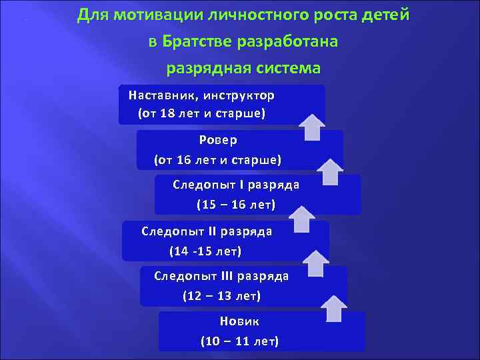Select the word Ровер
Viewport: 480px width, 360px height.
point(218,140)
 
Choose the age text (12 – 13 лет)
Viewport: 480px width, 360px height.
point(221,295)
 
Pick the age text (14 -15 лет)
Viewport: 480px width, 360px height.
point(205,251)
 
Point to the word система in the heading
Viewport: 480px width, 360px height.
point(290,68)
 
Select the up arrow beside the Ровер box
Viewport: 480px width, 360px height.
point(329,171)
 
